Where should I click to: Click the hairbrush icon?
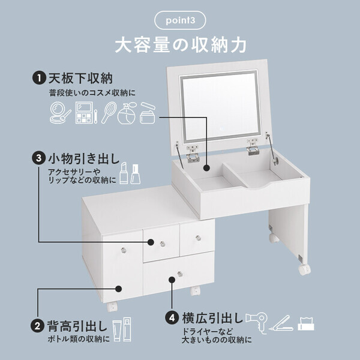[109, 112]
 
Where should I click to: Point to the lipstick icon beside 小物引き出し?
[122, 172]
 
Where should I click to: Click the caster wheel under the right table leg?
[304, 269]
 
